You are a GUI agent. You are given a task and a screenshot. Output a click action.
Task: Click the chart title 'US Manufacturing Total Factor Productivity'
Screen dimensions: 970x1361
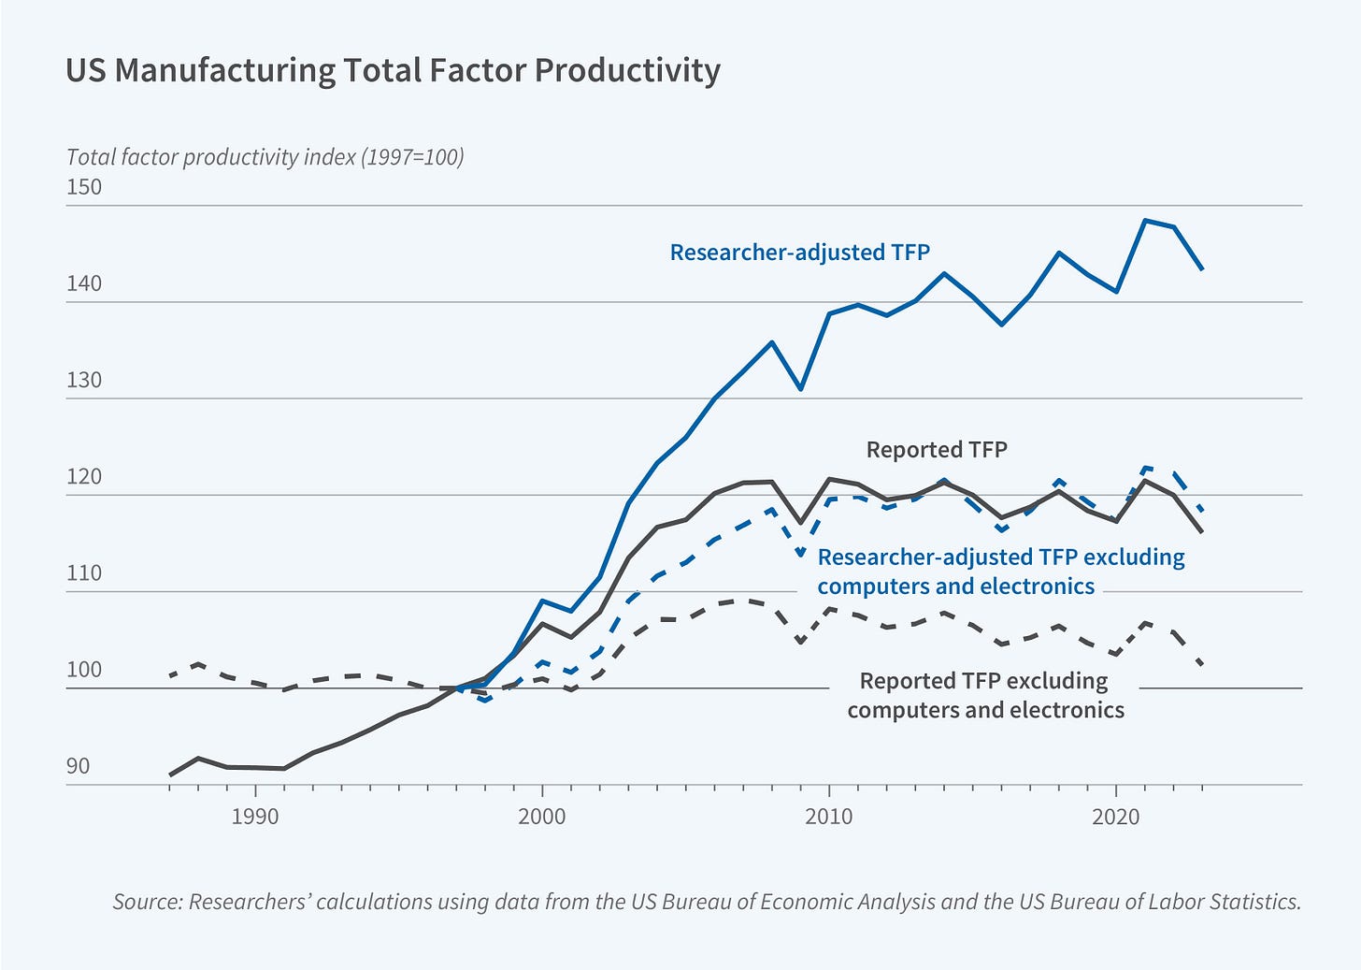click(x=393, y=71)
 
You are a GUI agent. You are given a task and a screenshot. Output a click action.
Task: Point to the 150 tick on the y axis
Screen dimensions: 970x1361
click(x=84, y=187)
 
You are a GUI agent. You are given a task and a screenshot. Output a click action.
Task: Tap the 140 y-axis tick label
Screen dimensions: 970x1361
click(x=84, y=284)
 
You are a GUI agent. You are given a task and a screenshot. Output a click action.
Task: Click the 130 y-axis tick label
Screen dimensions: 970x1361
click(x=84, y=381)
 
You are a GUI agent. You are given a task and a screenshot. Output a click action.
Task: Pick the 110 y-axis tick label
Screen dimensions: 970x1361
click(x=84, y=573)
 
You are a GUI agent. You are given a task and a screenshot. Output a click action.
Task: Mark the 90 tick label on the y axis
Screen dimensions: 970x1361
click(x=79, y=766)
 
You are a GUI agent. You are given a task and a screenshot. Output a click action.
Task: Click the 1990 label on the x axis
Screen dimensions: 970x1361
click(x=255, y=817)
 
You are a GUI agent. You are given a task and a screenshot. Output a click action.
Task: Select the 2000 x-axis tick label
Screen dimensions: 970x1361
click(x=542, y=817)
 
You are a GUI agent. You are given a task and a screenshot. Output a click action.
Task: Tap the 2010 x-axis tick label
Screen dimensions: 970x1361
click(x=829, y=817)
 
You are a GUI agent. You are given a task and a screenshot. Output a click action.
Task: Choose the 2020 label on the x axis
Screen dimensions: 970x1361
click(x=1116, y=817)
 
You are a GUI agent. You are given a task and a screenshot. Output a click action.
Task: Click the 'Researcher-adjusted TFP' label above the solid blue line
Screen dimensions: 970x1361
click(x=800, y=253)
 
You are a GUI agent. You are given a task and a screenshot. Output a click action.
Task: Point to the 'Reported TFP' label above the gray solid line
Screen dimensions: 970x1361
click(x=937, y=450)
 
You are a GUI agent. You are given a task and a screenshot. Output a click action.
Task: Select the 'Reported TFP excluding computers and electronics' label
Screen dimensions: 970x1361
click(x=985, y=695)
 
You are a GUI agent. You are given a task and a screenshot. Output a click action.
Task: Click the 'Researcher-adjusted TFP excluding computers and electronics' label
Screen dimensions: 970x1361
click(x=1000, y=572)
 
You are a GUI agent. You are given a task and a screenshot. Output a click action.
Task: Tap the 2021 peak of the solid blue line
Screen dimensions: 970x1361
click(x=1145, y=221)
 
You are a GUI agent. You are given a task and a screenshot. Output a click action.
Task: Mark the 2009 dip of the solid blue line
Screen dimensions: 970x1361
click(x=801, y=388)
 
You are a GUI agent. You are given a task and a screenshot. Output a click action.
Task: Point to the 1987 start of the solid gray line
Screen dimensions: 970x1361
click(x=170, y=775)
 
